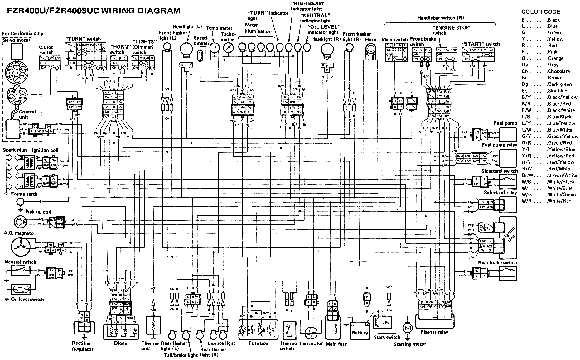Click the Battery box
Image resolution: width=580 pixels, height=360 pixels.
360,332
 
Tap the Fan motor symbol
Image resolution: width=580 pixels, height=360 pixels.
311,332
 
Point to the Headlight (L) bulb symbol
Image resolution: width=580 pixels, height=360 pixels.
187,50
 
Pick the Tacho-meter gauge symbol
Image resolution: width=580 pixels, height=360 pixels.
229,48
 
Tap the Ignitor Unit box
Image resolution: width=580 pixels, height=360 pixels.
508,238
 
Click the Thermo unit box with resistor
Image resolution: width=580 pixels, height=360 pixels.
153,326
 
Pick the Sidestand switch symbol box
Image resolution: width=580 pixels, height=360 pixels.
508,180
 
